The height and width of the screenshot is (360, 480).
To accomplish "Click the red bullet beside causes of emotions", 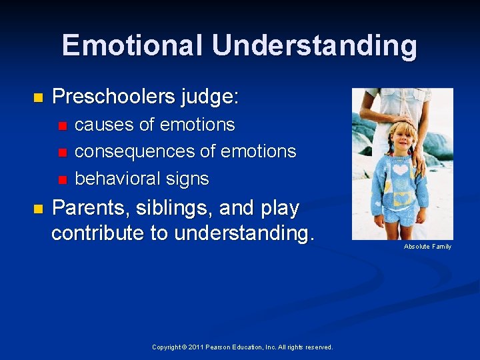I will tap(63, 125).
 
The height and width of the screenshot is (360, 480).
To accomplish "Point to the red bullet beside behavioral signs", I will tap(63, 179).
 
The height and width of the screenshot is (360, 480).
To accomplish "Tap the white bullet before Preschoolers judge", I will tap(37, 98).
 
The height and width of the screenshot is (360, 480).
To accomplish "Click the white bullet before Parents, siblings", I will tap(37, 209).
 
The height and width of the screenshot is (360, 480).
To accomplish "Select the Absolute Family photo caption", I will tap(427, 247).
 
